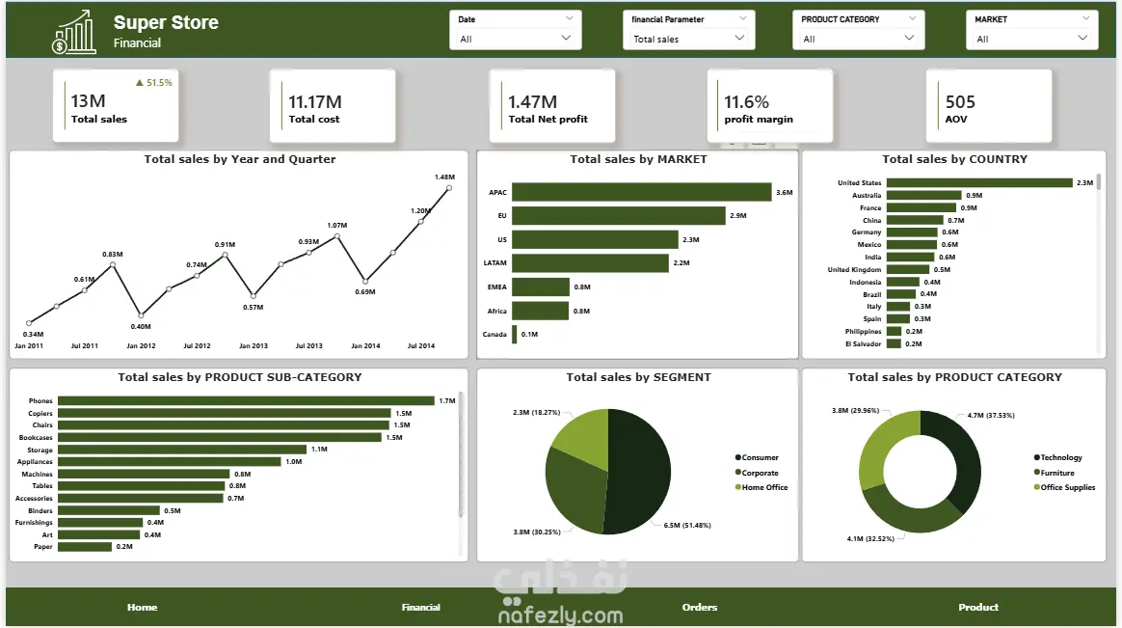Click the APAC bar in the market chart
642,192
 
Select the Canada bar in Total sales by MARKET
515,335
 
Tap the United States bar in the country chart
979,182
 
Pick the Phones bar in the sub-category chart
246,401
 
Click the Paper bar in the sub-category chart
85,546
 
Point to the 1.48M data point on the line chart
449,188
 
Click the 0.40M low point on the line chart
141,315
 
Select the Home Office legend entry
761,488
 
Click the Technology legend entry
1058,457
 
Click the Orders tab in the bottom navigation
700,607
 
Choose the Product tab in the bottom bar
978,607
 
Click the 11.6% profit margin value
746,102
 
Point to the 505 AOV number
960,102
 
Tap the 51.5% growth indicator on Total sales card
154,83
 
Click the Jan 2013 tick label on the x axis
254,346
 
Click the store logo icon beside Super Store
73,32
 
